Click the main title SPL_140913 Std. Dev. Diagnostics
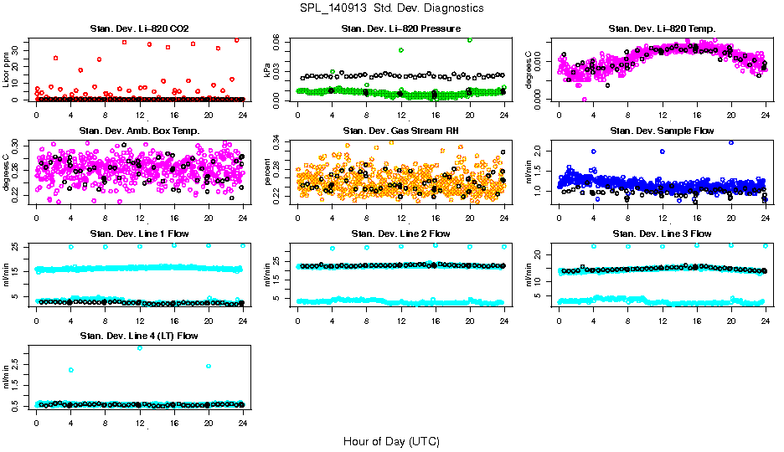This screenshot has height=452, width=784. pyautogui.click(x=391, y=8)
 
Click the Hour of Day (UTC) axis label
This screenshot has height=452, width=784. pyautogui.click(x=391, y=440)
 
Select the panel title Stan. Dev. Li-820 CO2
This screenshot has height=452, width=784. pyautogui.click(x=139, y=29)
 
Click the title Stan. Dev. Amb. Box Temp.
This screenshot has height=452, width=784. pyautogui.click(x=139, y=131)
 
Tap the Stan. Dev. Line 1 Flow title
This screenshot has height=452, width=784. pyautogui.click(x=139, y=234)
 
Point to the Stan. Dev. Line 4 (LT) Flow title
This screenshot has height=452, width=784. pyautogui.click(x=139, y=336)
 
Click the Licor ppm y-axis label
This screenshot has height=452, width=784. pyautogui.click(x=7, y=69)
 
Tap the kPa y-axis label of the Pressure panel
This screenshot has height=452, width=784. pyautogui.click(x=268, y=69)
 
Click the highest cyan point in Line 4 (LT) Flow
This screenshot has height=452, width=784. pyautogui.click(x=139, y=347)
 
